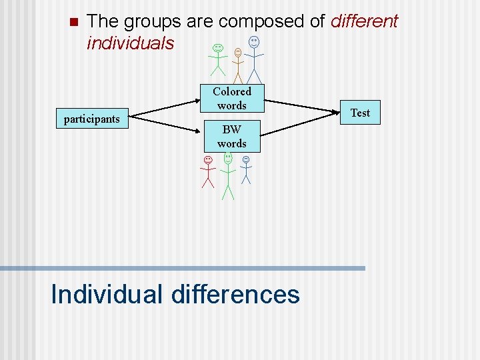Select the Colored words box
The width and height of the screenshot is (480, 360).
click(x=231, y=99)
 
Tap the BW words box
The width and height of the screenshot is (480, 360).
click(x=231, y=137)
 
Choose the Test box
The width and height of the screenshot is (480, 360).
click(x=360, y=113)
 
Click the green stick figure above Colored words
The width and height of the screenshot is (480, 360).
click(x=217, y=59)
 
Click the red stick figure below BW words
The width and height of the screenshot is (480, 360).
click(x=208, y=172)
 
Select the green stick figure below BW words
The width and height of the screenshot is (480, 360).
click(x=228, y=175)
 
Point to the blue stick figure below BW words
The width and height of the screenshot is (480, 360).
click(x=246, y=169)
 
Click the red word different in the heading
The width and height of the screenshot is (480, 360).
click(x=364, y=21)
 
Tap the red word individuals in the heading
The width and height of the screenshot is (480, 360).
click(x=130, y=43)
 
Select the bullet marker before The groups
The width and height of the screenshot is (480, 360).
click(x=73, y=21)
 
